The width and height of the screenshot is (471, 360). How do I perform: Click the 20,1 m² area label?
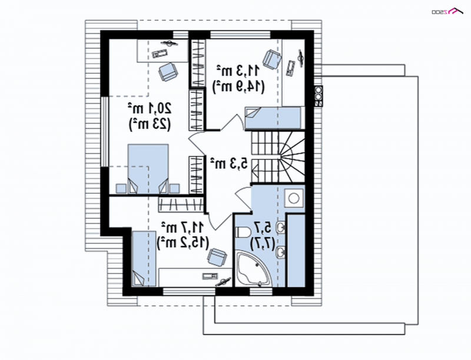tap(150, 108)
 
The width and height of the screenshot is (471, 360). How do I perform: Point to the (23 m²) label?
tap(150, 124)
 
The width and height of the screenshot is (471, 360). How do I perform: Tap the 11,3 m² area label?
tap(238, 71)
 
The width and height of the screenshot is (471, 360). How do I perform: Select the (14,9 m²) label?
tap(238, 86)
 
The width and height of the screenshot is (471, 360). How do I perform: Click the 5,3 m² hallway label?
tap(229, 164)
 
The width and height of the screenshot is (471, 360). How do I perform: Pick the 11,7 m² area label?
tap(183, 228)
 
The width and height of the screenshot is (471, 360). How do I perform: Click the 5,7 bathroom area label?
tap(263, 228)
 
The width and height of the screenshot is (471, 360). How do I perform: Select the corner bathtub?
tap(253, 269)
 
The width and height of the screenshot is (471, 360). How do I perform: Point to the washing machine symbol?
tap(294, 198)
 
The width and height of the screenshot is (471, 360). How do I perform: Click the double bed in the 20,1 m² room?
tap(148, 169)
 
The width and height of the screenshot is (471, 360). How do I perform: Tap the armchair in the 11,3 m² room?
tap(272, 59)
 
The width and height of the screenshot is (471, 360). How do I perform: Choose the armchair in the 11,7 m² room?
tap(217, 257)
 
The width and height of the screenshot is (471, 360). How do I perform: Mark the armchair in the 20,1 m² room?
tap(168, 71)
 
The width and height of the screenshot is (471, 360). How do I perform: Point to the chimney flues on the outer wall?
tap(319, 96)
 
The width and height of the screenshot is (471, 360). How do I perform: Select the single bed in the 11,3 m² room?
tap(273, 118)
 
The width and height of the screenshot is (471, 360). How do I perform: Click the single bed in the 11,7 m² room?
tap(144, 259)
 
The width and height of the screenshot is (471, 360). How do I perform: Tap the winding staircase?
tap(278, 156)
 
